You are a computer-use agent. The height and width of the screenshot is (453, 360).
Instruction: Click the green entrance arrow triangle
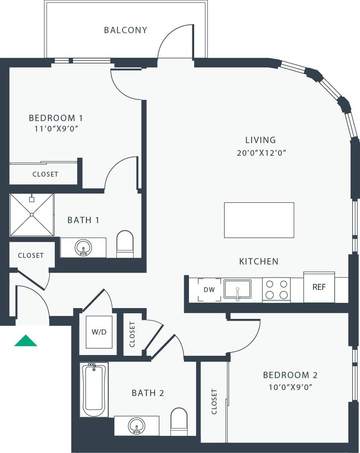(x=26, y=341)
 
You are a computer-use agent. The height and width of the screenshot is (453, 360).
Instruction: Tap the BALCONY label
(x=126, y=30)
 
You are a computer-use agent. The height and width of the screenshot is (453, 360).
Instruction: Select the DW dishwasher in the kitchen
(x=209, y=290)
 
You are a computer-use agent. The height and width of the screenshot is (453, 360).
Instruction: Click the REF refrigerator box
(x=319, y=287)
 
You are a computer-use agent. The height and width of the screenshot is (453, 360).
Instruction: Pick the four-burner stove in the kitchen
(x=276, y=290)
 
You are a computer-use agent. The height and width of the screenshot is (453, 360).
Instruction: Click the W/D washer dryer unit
(x=99, y=332)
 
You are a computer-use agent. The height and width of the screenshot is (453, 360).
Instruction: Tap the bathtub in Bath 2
(x=94, y=390)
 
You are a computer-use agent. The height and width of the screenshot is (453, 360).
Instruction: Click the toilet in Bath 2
(x=179, y=422)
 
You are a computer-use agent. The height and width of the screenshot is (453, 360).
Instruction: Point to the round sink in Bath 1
(x=83, y=248)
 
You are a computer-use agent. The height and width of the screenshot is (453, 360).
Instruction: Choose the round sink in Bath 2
(x=136, y=426)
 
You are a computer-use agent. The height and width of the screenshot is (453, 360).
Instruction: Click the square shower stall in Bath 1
(x=32, y=215)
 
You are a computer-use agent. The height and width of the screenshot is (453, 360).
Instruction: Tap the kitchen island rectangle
(x=259, y=220)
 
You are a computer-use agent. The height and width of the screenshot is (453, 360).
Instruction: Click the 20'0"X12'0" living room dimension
(x=261, y=153)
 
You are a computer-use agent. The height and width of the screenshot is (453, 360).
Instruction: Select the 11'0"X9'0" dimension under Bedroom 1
(x=56, y=129)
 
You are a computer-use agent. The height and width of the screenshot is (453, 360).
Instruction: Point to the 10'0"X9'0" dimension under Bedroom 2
(x=290, y=387)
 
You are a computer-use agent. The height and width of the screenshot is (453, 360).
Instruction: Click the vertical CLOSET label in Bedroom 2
(x=214, y=402)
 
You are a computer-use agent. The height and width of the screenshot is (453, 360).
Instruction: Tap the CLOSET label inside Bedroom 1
(x=45, y=174)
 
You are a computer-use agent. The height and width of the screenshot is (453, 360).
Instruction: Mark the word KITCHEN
(x=259, y=262)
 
